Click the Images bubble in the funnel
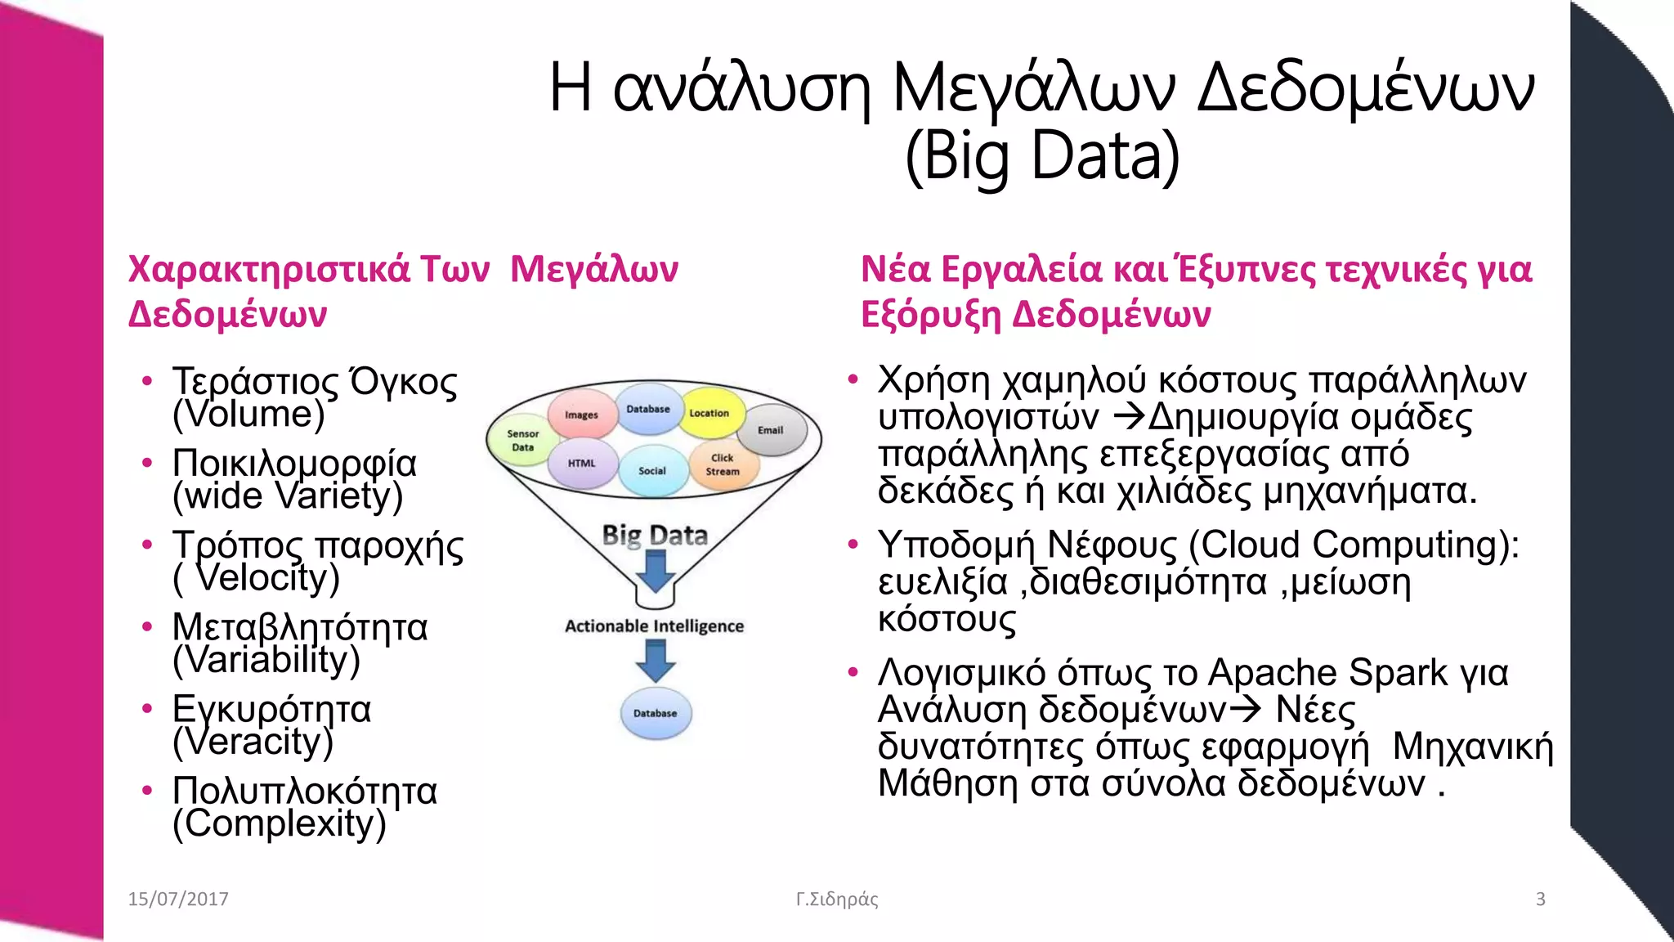581,415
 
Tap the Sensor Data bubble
522,441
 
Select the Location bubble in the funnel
709,413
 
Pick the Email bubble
771,430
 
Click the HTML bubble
582,463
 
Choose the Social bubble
652,471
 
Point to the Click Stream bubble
723,464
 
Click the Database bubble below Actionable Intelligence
656,713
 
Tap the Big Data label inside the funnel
655,535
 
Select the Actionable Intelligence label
654,626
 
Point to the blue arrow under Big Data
656,572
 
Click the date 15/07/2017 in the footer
178,899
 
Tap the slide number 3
1541,899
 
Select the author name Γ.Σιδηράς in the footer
837,899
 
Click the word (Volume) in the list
248,415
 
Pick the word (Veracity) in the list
253,742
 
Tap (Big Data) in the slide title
1042,155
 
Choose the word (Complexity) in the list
280,823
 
